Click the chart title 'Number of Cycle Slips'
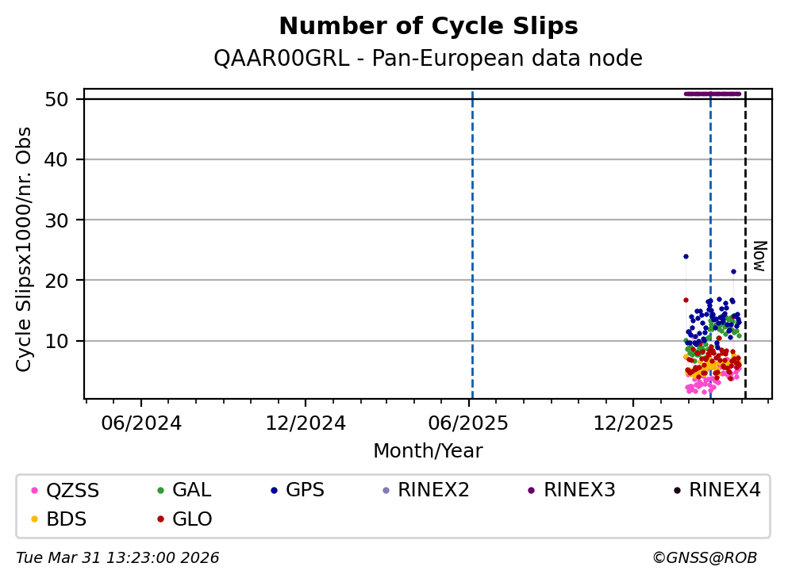(x=429, y=26)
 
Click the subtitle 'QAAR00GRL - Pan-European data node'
(x=429, y=58)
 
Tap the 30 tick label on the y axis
(x=56, y=220)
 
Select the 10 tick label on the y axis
(x=56, y=341)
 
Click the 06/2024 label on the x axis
(x=141, y=423)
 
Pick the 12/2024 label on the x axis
(x=306, y=423)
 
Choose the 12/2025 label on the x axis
(x=632, y=423)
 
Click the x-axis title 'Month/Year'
(x=429, y=451)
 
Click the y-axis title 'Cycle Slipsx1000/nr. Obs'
(x=24, y=250)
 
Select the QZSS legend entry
(x=65, y=490)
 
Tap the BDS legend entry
(x=59, y=519)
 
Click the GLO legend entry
(x=185, y=519)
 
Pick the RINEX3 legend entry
(x=572, y=490)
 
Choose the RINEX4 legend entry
(x=717, y=490)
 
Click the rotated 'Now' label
(x=760, y=256)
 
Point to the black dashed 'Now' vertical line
(x=745, y=245)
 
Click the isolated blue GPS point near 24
(x=686, y=257)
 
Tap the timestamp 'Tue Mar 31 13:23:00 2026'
(x=117, y=558)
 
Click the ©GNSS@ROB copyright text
(x=705, y=558)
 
